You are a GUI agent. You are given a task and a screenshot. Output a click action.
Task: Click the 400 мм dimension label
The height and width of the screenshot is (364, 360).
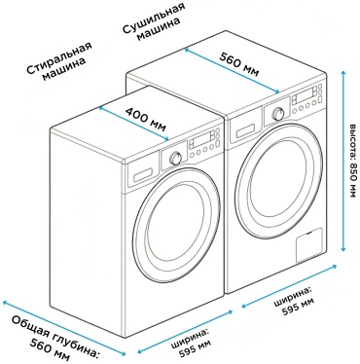click(146, 119)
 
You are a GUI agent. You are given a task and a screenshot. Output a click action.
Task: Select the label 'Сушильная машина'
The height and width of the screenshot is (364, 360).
click(154, 21)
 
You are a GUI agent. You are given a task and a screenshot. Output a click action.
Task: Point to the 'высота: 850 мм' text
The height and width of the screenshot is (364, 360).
click(352, 161)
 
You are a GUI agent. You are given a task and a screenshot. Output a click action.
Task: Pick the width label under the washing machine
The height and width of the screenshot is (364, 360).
click(192, 342)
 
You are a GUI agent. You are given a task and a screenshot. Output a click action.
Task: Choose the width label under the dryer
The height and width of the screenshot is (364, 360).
click(294, 300)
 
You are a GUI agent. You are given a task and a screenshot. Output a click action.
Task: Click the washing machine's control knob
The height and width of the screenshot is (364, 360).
click(175, 159)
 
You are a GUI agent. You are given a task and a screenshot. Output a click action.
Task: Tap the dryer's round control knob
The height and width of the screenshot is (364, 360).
click(278, 114)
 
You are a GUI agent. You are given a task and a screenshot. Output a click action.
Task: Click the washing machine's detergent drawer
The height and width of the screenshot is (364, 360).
click(143, 175)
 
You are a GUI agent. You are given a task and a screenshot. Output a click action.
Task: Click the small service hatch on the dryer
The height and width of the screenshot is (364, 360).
click(309, 245)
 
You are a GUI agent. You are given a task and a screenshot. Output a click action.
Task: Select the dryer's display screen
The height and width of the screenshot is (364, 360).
click(304, 95)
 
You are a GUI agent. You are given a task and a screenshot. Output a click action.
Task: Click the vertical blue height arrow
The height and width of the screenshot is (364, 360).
click(342, 161)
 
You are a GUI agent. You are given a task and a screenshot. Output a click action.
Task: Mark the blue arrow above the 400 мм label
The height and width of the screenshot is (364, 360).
click(133, 123)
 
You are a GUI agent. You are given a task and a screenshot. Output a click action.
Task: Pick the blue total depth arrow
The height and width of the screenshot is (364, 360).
click(64, 328)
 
